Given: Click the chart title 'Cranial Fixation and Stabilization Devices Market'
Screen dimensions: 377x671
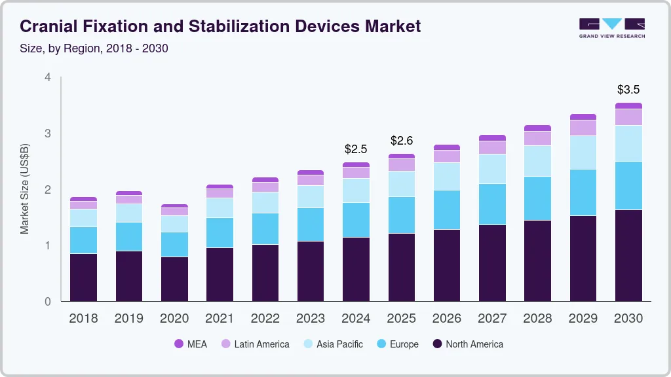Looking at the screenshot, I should [x=220, y=26].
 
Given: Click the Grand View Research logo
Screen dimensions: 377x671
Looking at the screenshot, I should [x=611, y=27].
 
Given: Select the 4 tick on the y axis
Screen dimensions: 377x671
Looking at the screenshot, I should [x=47, y=77].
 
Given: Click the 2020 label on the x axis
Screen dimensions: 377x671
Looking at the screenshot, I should [x=174, y=318].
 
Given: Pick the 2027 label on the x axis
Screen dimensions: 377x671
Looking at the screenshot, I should [x=492, y=318].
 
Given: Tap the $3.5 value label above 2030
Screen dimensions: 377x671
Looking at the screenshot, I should [x=628, y=89].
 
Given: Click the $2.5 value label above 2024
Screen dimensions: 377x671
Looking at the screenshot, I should [x=356, y=149].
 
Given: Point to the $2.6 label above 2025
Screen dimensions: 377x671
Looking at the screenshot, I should [x=402, y=141].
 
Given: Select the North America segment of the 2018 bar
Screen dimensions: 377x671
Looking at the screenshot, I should [x=83, y=277].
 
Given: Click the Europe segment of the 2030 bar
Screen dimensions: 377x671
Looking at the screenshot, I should [x=628, y=185].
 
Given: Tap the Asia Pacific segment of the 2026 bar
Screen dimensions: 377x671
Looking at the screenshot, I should [x=447, y=176].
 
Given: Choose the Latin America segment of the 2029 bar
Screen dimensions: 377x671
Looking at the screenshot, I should [x=583, y=128].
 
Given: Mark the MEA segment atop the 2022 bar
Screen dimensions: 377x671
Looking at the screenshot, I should [x=265, y=179].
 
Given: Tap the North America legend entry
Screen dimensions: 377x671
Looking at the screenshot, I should [x=467, y=344].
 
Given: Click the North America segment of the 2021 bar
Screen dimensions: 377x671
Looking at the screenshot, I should [x=220, y=274].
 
